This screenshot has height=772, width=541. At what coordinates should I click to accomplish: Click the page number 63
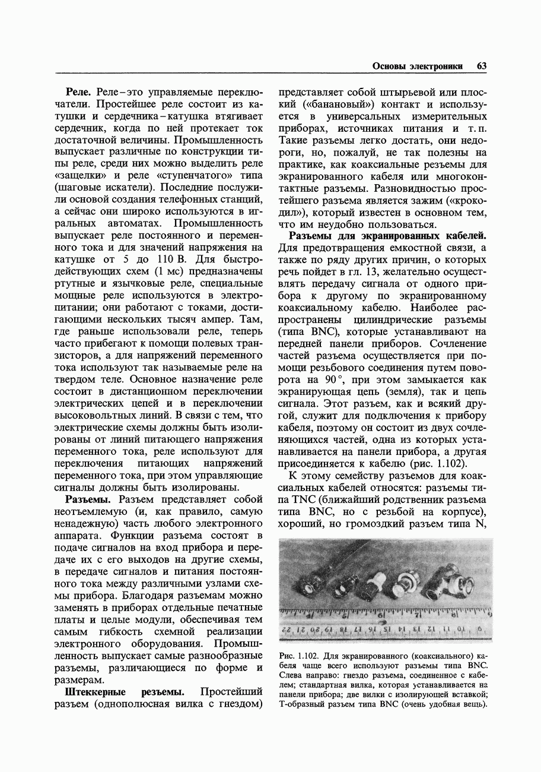point(481,67)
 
